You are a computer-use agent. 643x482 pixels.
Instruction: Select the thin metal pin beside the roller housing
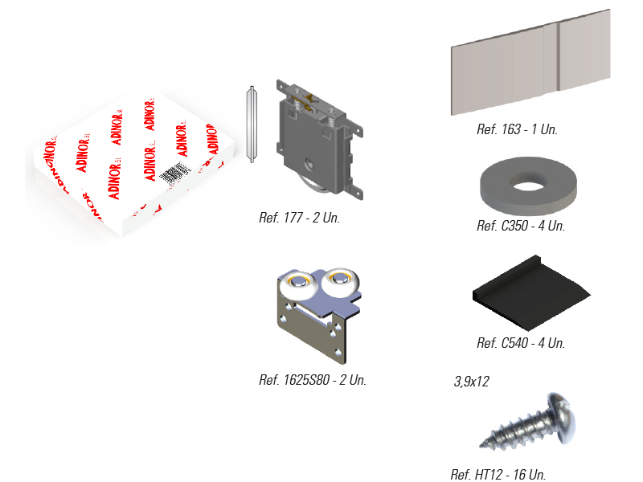point(251,124)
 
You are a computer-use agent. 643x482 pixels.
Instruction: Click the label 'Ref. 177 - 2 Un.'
point(299,217)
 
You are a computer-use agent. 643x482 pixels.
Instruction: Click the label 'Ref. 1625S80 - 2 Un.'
point(313,380)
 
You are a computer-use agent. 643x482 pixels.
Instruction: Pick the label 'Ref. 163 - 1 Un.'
point(517,129)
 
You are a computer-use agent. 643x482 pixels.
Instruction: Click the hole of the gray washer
point(527,185)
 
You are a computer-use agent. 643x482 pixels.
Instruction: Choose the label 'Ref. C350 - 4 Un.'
point(521,226)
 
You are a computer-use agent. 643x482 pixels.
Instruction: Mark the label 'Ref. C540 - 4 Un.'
point(521,343)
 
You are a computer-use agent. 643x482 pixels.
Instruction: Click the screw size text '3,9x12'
point(472,382)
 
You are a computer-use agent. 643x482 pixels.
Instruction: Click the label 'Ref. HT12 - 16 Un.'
point(498,475)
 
